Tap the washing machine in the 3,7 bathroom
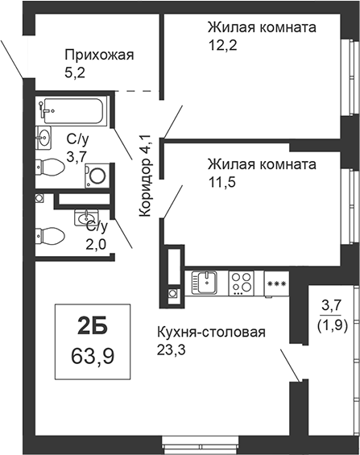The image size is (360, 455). pos(97,176)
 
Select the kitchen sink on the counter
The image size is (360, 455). pos(205,283)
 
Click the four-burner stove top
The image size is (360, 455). pos(241,283)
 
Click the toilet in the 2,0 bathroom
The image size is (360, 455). pos(50,236)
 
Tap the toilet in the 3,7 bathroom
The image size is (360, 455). pos(50,167)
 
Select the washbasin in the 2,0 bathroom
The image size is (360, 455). pos(86,217)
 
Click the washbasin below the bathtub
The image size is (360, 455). pos(43,138)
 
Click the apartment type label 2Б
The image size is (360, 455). pos(93,325)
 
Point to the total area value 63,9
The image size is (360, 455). pos(93,356)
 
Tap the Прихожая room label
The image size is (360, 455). pos(100,55)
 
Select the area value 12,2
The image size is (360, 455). pos(222,46)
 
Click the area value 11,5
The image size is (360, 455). pos(222,183)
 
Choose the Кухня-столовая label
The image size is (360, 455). pos(211,333)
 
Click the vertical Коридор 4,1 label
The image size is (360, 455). pos(145,176)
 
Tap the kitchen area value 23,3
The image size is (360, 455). pos(172,350)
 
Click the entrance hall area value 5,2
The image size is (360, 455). pos(75,72)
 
